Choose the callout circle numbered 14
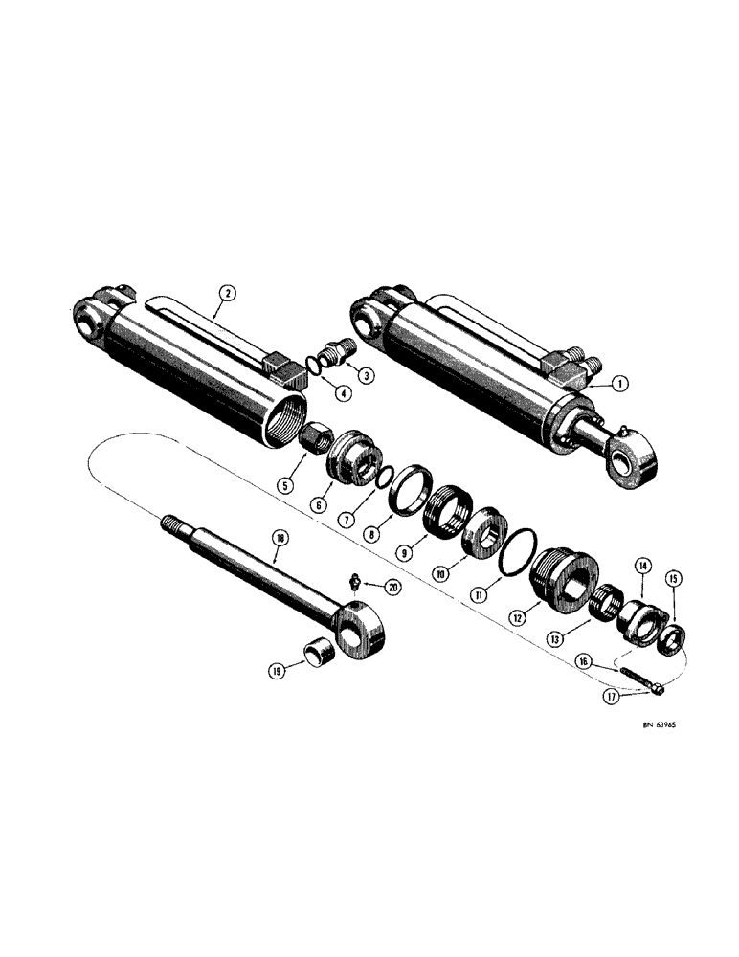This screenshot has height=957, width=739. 640,567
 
